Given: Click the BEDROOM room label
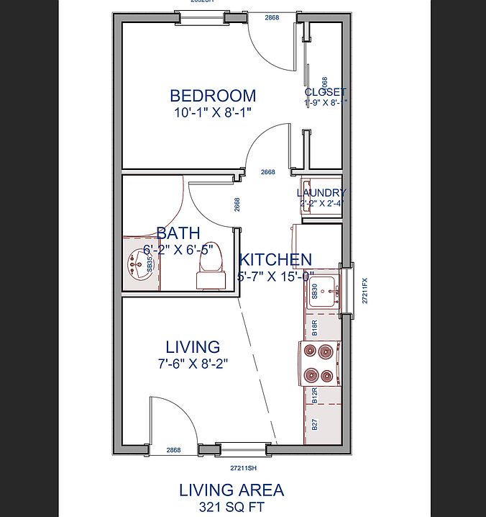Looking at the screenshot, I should click(213, 95).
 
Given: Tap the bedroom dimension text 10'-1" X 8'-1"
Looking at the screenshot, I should click(213, 112).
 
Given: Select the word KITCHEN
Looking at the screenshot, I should click(275, 260).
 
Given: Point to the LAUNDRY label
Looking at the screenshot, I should click(321, 193).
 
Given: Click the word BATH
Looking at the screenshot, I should click(178, 233).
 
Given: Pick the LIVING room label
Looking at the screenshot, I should click(193, 347).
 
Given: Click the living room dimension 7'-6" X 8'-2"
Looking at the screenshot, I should click(193, 364).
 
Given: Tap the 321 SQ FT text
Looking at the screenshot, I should click(231, 507).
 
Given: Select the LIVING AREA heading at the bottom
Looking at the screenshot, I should click(231, 490).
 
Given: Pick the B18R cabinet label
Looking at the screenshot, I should click(315, 329).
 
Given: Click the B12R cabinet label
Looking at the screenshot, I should click(315, 395).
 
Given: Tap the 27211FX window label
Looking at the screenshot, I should click(364, 292).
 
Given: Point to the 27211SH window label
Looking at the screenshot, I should click(244, 467).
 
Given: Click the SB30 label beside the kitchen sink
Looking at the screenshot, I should click(315, 292).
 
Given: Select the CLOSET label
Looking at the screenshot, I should click(325, 92).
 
